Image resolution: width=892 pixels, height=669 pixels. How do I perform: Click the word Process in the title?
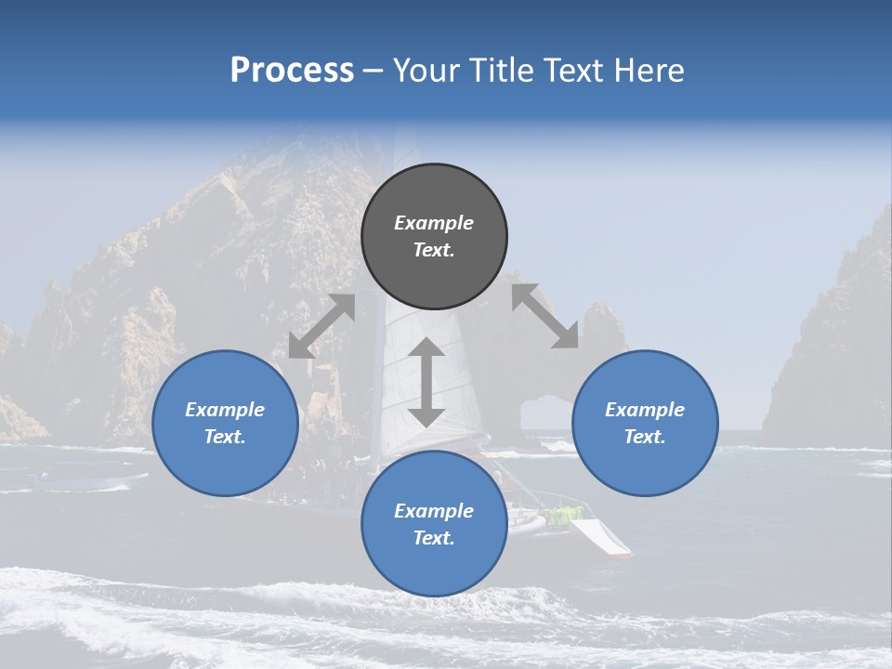pyautogui.click(x=292, y=71)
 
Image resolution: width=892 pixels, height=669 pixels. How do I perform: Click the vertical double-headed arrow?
pyautogui.click(x=426, y=382)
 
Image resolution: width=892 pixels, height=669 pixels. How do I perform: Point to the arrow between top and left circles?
pyautogui.click(x=321, y=326)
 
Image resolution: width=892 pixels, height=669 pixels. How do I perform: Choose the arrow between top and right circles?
pyautogui.click(x=544, y=316)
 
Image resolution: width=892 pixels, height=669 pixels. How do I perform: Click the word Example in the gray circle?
pyautogui.click(x=434, y=223)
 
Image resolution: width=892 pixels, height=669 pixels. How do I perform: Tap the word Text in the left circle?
pyautogui.click(x=225, y=437)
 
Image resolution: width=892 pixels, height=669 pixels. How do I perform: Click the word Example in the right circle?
pyautogui.click(x=645, y=410)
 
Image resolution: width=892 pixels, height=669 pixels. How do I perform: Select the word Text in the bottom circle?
pyautogui.click(x=434, y=538)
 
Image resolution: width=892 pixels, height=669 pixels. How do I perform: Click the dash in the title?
pyautogui.click(x=374, y=72)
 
